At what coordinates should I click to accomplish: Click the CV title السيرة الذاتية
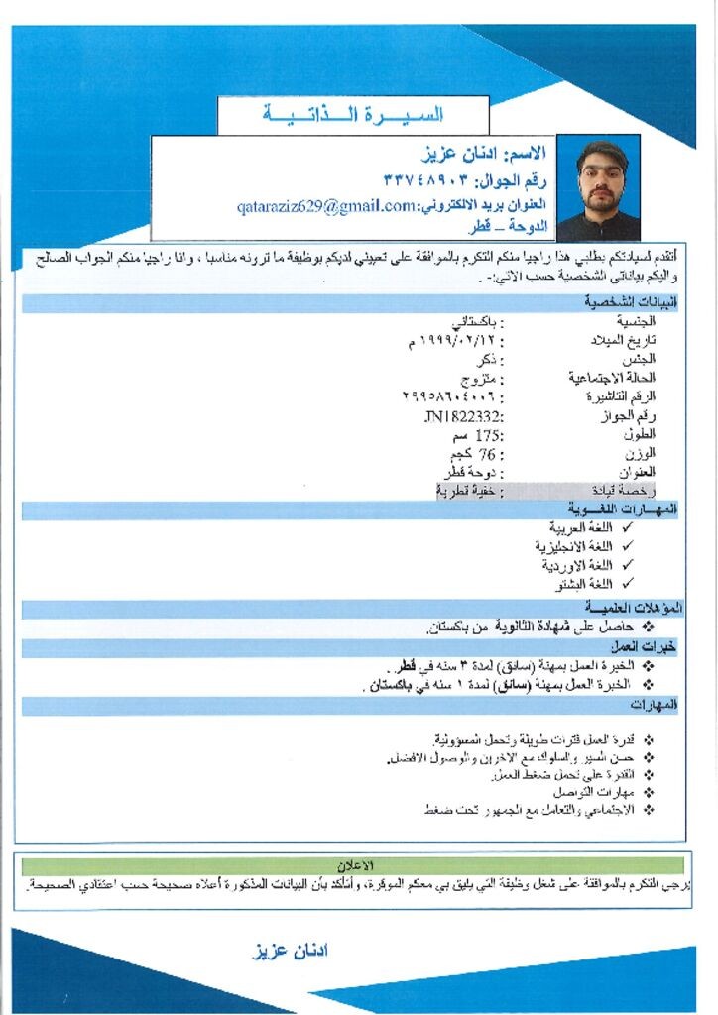pos(353,115)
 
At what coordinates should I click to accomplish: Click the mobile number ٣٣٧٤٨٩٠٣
pos(426,180)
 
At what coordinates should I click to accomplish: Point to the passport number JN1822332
pos(463,417)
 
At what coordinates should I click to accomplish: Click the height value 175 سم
pos(475,435)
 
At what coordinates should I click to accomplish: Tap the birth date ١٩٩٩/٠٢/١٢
pos(453,341)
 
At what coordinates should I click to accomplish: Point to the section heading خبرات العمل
pos(654,646)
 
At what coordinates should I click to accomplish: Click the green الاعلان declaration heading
pos(355,865)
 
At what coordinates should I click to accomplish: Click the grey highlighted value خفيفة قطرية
pos(470,491)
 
